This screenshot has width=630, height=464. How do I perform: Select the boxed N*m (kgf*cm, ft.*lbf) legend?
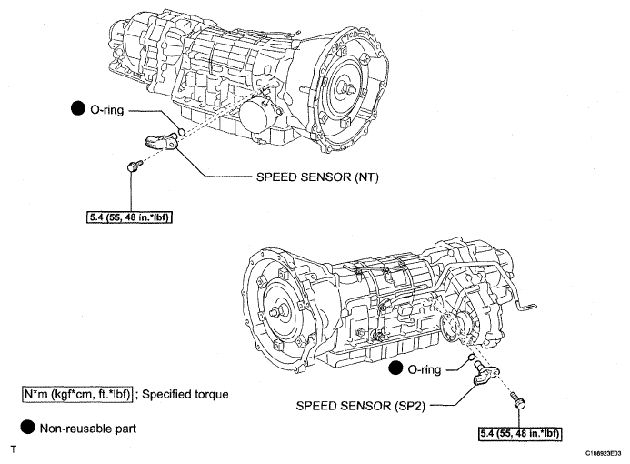pyautogui.click(x=79, y=395)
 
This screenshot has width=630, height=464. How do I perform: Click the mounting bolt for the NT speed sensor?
pyautogui.click(x=135, y=166)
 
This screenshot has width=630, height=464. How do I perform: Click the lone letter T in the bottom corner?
pyautogui.click(x=13, y=449)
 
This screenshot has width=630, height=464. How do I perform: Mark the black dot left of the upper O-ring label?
pyautogui.click(x=77, y=109)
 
